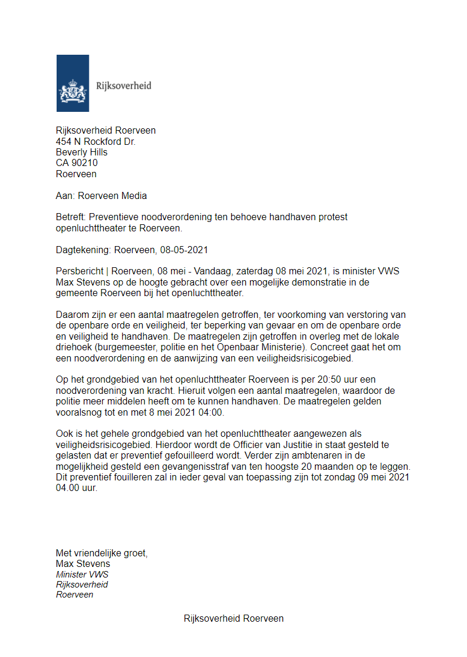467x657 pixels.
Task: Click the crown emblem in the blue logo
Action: coord(73,91)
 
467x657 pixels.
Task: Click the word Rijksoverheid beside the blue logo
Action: coord(123,86)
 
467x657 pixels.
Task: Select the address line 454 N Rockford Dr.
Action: coord(96,141)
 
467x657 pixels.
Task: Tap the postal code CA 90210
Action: coord(77,163)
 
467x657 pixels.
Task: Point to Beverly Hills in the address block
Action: coord(81,152)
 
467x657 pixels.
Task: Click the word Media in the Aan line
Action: coord(133,195)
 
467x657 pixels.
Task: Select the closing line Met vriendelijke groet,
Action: coord(101,553)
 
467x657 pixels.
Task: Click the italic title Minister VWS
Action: coord(82,574)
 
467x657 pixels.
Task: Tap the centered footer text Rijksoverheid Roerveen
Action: coord(233,618)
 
